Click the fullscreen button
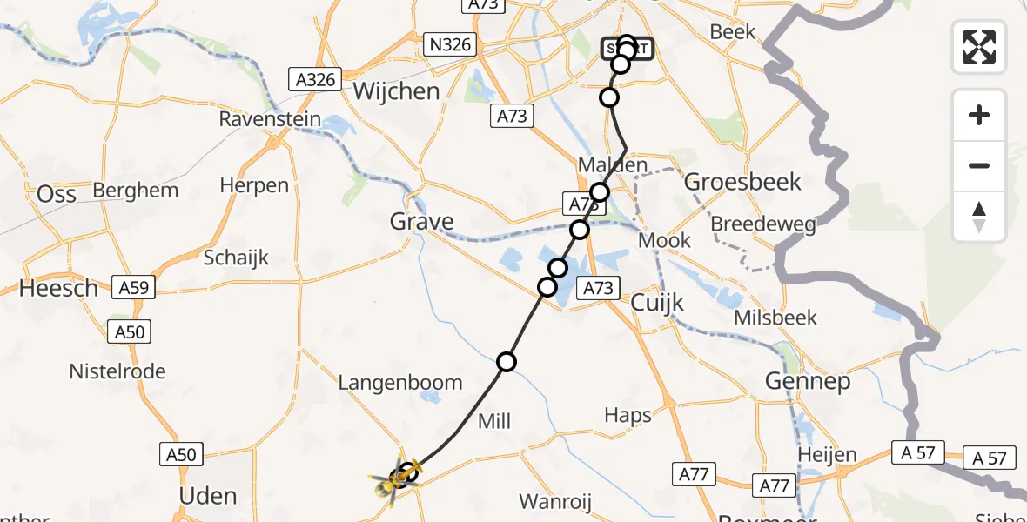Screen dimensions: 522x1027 (979, 46)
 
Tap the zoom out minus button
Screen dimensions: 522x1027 (979, 165)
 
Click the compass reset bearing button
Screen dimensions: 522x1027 (979, 217)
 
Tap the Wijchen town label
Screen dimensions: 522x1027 (396, 91)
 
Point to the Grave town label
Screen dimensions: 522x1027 (421, 222)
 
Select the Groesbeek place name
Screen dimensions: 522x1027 (742, 182)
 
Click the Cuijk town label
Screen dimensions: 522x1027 (657, 303)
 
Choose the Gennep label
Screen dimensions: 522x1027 (807, 381)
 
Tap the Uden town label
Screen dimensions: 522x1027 (207, 496)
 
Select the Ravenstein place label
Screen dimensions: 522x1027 (270, 119)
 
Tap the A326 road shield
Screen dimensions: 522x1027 (314, 80)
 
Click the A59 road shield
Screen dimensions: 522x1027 (133, 287)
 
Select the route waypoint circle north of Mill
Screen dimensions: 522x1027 (507, 362)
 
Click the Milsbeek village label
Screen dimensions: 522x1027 (775, 318)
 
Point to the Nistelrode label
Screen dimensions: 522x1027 (117, 371)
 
